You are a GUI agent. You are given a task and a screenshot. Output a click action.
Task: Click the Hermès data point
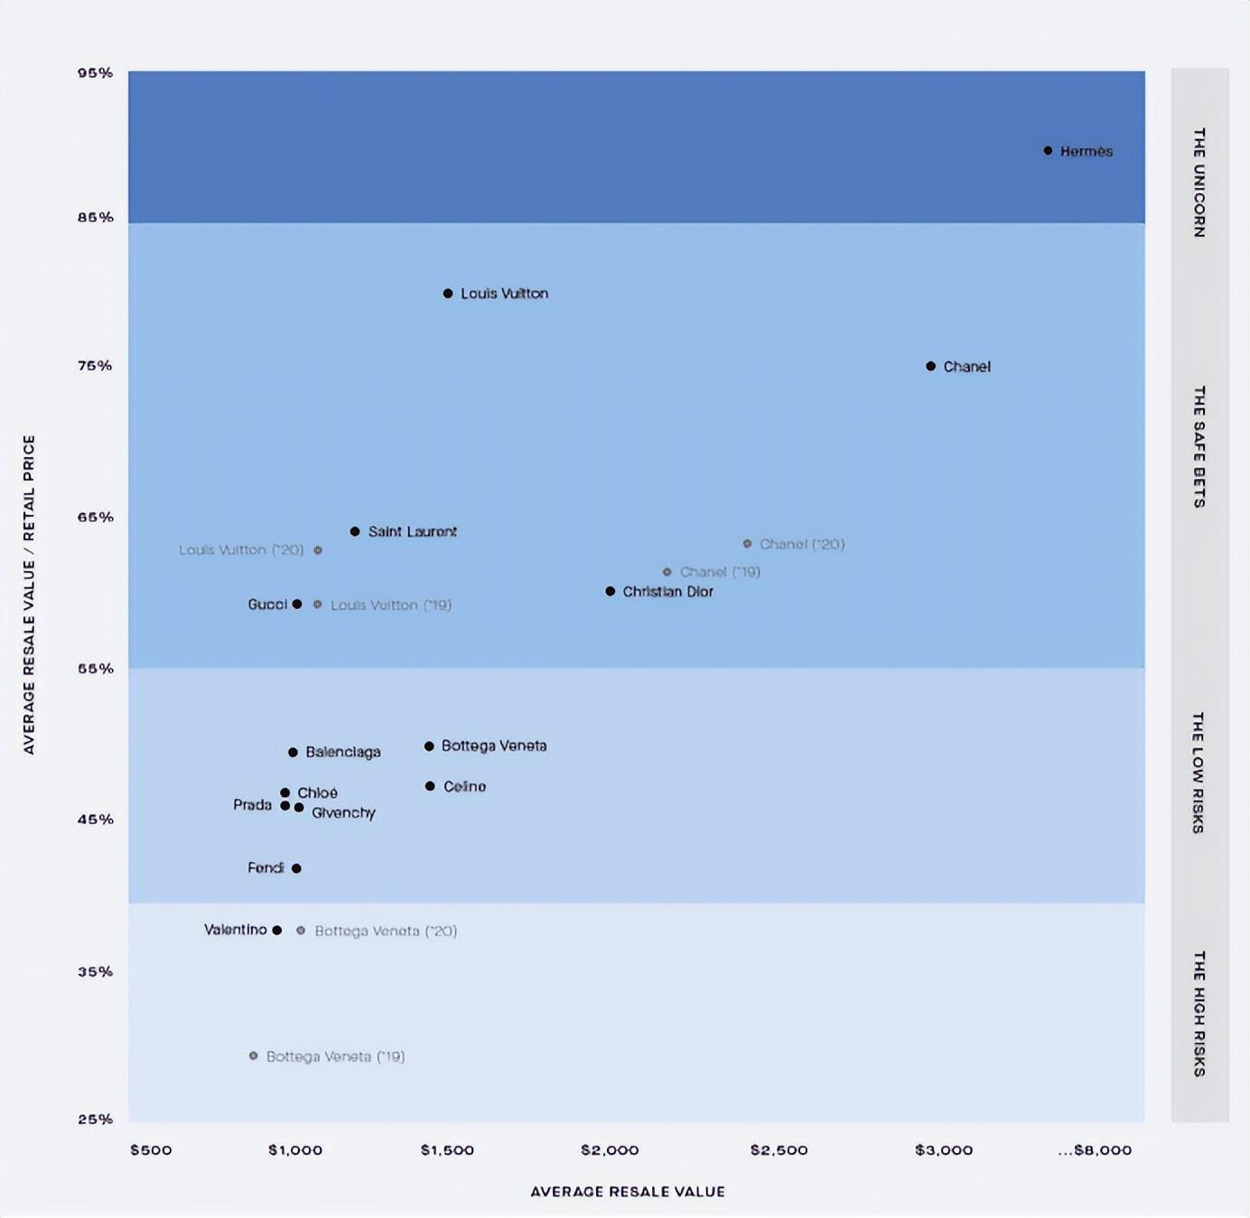tap(1048, 151)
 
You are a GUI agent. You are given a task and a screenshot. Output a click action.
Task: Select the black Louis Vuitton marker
tap(448, 294)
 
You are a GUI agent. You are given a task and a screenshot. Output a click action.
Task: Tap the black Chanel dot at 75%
tap(930, 366)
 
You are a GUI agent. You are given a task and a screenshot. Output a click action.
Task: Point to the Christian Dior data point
tap(611, 591)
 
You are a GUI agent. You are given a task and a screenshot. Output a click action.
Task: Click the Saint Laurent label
tap(412, 531)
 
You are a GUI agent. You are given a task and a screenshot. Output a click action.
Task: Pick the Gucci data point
tap(297, 604)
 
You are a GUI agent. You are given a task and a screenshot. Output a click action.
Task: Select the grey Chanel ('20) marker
tap(747, 544)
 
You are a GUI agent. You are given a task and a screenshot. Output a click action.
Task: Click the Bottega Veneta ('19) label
tap(335, 1056)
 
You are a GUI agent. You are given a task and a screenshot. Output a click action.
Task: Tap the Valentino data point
tap(277, 930)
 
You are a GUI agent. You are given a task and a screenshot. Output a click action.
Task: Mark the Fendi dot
tap(296, 868)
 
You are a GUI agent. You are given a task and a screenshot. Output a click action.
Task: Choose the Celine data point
tap(430, 786)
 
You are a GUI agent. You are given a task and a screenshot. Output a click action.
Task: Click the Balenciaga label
tap(343, 752)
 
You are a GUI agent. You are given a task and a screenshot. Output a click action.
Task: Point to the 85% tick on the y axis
tap(95, 217)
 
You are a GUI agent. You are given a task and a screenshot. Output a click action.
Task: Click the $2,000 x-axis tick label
tap(610, 1150)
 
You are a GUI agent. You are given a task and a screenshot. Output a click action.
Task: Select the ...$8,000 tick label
tap(1095, 1150)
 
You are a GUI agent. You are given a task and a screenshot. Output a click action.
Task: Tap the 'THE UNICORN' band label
tap(1199, 183)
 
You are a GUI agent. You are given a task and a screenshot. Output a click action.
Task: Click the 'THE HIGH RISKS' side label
tap(1199, 1013)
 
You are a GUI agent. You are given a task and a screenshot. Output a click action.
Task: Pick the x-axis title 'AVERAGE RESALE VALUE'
tap(627, 1192)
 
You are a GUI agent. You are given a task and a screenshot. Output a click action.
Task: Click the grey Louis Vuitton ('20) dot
tap(318, 550)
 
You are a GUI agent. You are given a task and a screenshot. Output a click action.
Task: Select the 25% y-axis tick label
tap(95, 1119)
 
